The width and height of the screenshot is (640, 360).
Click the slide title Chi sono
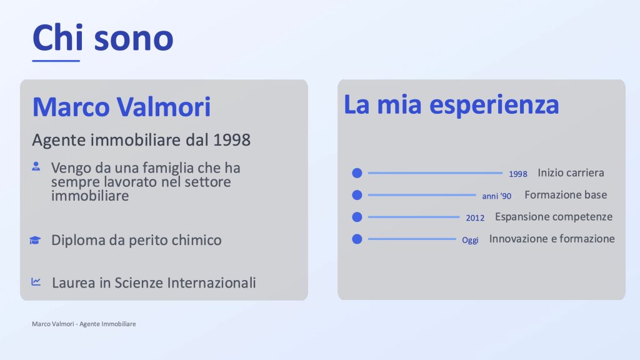pos(103,37)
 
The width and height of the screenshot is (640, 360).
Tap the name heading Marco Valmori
pos(121,107)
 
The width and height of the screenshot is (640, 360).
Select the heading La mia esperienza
pos(451,104)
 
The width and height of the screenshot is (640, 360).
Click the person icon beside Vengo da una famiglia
pos(36,166)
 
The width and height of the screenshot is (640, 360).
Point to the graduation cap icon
pos(35,240)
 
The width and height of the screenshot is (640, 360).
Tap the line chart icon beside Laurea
pos(36,282)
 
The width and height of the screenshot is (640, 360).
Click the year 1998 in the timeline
pos(518,174)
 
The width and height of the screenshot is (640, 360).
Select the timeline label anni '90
pos(497,196)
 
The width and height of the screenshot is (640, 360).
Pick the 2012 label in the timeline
pos(475,218)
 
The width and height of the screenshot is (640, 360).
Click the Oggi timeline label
pos(470,240)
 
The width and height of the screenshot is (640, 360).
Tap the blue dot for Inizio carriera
pos(357,173)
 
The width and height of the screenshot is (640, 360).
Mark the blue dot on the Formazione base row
pos(357,195)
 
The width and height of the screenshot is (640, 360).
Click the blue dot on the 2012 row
pos(357,217)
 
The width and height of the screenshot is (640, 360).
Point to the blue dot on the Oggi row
pos(357,239)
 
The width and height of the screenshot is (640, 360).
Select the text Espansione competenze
pos(554,217)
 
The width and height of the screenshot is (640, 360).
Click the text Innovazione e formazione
pos(552,238)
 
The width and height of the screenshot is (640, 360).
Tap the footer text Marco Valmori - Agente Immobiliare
pos(84,324)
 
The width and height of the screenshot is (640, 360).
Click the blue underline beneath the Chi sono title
pos(56,61)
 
